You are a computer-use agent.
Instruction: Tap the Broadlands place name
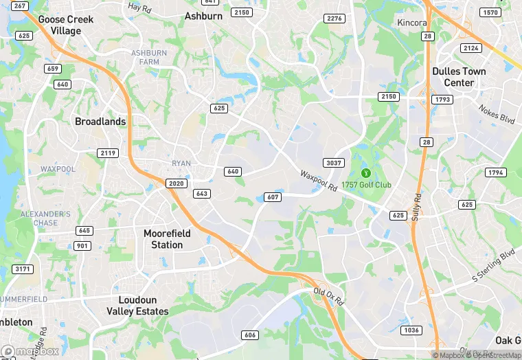tap(100, 122)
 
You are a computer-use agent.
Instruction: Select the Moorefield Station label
tap(167, 239)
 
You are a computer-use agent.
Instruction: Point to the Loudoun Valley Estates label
tap(143, 306)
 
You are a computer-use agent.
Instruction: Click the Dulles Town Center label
tap(459, 77)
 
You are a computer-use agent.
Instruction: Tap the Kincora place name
tap(412, 23)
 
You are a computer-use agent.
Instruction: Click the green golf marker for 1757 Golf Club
tap(365, 172)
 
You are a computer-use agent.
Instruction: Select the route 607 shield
tap(272, 197)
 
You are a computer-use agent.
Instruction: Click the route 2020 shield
tap(175, 183)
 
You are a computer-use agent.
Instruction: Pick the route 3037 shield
tap(334, 163)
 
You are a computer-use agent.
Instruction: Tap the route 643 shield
tap(201, 194)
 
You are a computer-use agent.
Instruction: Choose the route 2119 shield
tap(107, 153)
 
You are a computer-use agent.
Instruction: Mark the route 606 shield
tap(250, 335)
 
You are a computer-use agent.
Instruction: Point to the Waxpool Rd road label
tap(319, 181)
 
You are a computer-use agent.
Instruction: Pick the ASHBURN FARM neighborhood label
tap(149, 57)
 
